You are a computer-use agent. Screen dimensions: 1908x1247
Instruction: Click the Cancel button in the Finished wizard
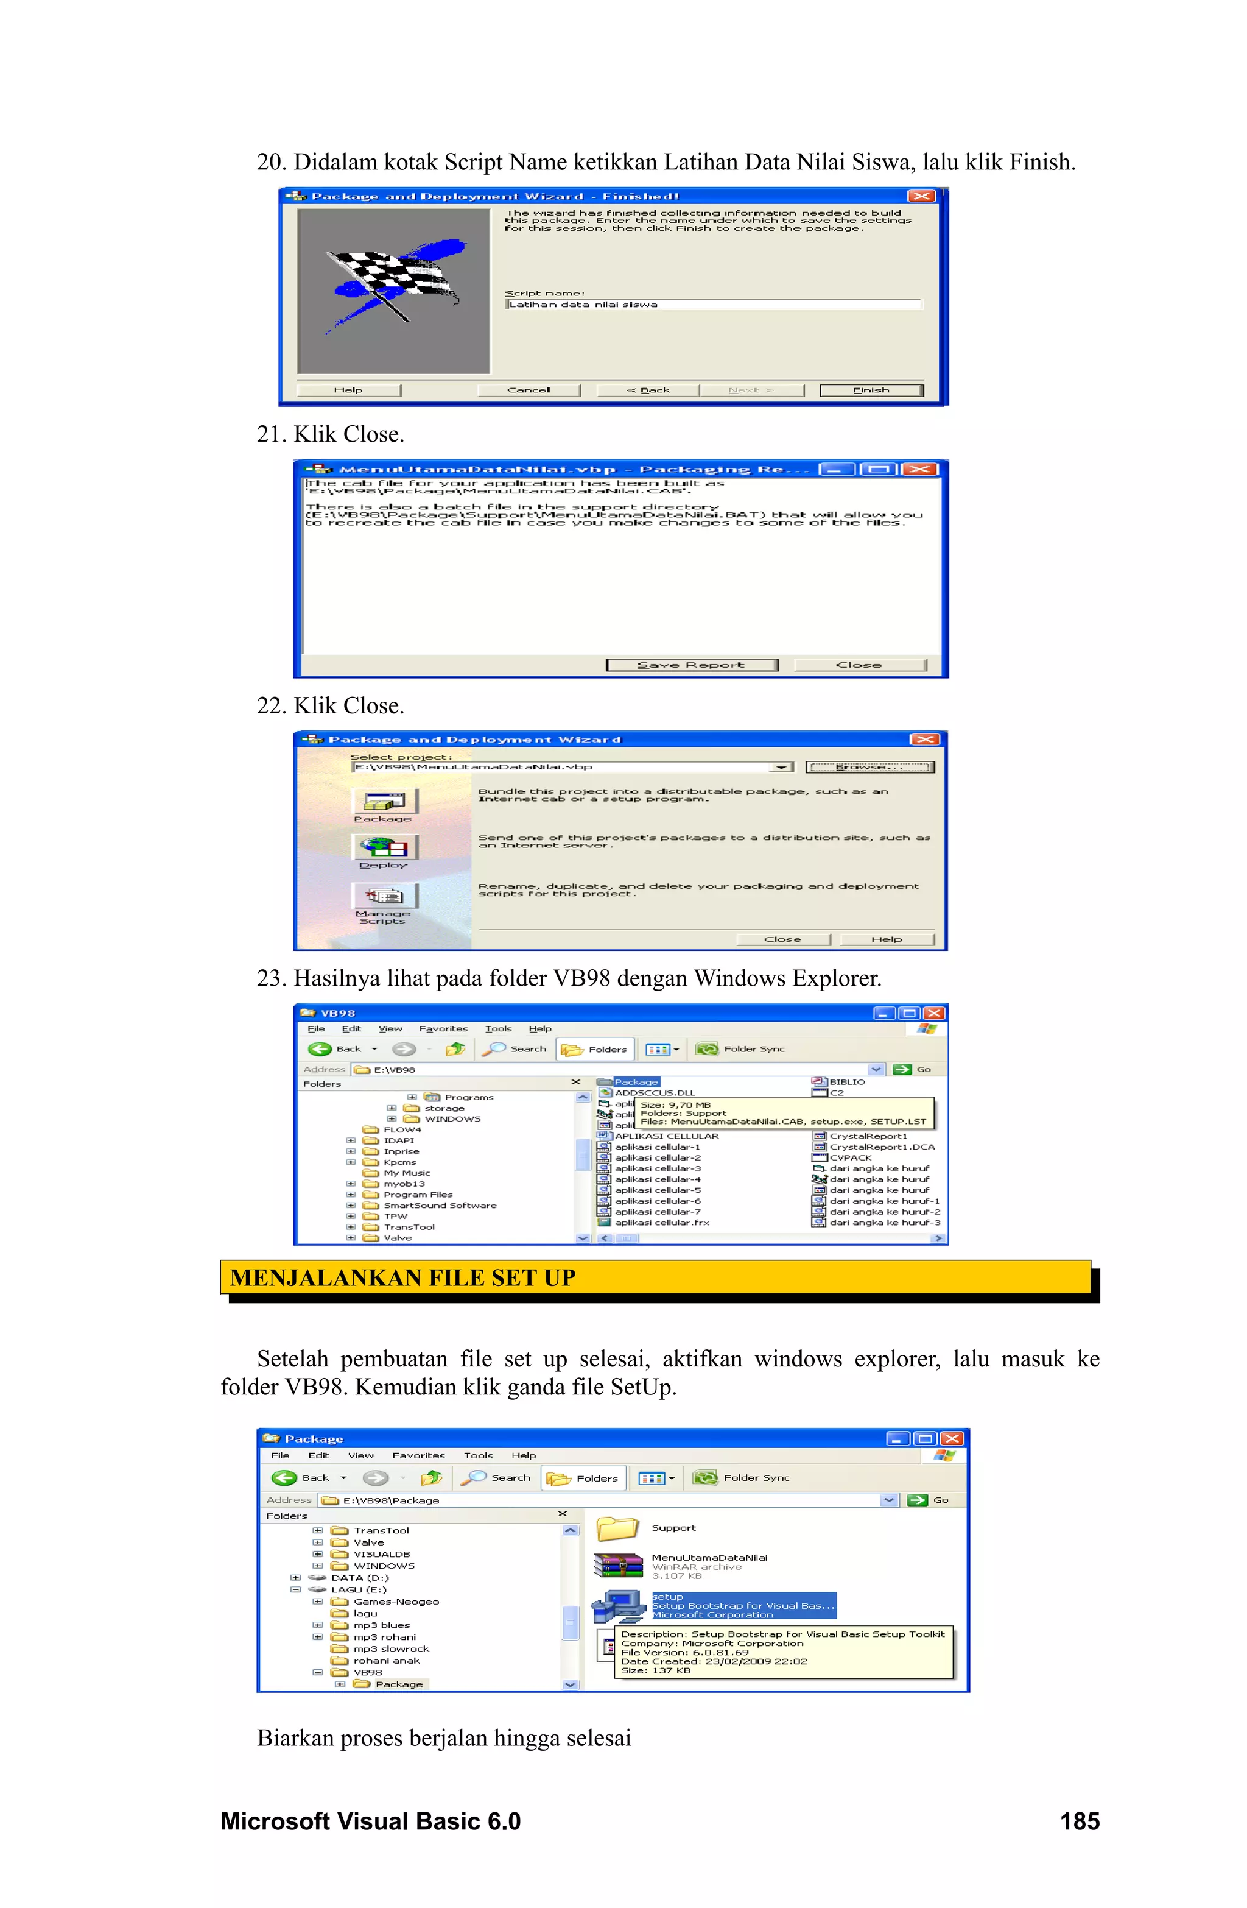pos(528,390)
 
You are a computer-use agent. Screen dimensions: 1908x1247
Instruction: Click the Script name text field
pos(713,305)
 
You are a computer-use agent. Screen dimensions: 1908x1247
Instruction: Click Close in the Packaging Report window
pos(859,665)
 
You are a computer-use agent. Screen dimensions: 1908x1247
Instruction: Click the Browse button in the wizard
pos(869,767)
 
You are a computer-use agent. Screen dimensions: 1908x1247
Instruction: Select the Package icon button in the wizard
pos(385,801)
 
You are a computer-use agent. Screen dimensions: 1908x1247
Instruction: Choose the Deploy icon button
pos(385,847)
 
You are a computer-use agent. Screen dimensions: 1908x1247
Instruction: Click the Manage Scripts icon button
pos(385,896)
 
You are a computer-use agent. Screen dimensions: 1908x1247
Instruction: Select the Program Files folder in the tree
pos(418,1195)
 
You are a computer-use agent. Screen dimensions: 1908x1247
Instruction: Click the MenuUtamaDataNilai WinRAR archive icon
pos(618,1566)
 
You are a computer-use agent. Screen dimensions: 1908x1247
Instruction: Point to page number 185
pos(1079,1821)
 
